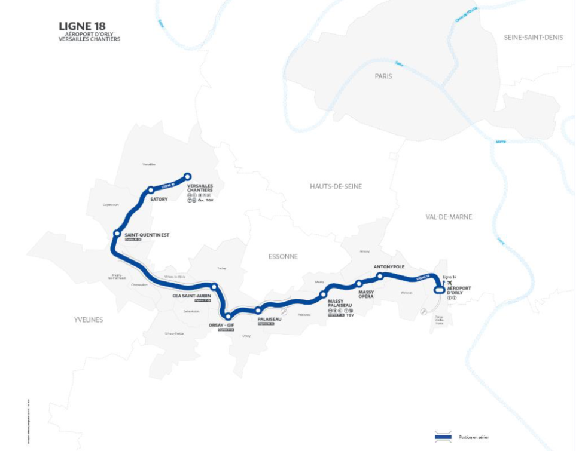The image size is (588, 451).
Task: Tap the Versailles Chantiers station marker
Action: [x=187, y=176]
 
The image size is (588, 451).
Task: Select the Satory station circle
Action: [x=151, y=190]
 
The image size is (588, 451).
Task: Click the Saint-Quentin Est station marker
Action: [x=117, y=234]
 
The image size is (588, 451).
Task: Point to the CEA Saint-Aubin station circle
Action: [x=214, y=287]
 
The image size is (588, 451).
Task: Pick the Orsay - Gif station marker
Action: [x=227, y=316]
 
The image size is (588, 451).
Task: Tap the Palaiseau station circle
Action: [x=258, y=310]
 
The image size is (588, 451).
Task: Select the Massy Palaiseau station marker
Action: [x=324, y=294]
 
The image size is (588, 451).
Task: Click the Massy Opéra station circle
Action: [x=359, y=283]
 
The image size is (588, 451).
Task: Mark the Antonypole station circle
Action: [x=380, y=276]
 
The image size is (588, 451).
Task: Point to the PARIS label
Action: [x=383, y=76]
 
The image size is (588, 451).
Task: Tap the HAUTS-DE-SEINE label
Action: [x=336, y=186]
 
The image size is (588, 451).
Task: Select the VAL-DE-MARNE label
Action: [x=449, y=217]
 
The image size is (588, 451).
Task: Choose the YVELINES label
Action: [x=89, y=320]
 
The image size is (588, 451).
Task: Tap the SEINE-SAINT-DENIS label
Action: [x=533, y=37]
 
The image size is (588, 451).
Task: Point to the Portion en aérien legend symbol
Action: [x=443, y=437]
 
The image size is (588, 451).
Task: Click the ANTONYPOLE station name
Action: [x=389, y=266]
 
